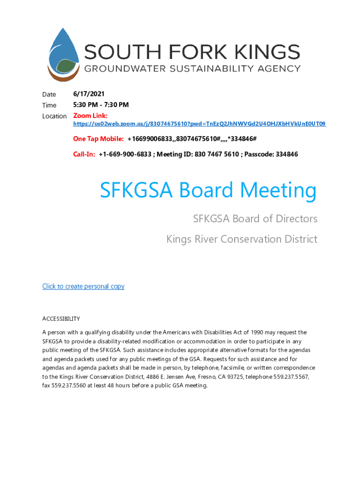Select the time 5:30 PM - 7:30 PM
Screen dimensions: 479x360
(101, 105)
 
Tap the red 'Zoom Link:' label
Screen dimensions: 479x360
(90, 116)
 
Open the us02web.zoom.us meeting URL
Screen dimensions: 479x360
(199, 124)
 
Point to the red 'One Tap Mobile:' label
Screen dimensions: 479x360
(98, 139)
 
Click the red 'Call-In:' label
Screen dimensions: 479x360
(84, 154)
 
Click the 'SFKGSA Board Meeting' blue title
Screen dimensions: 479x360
(208, 190)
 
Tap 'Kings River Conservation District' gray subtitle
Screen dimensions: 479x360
(242, 239)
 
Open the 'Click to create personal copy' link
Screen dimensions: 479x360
(83, 286)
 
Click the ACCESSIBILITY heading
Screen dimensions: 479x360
(61, 319)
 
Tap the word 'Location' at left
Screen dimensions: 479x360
(54, 116)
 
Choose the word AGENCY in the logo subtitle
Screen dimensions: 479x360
(280, 69)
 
